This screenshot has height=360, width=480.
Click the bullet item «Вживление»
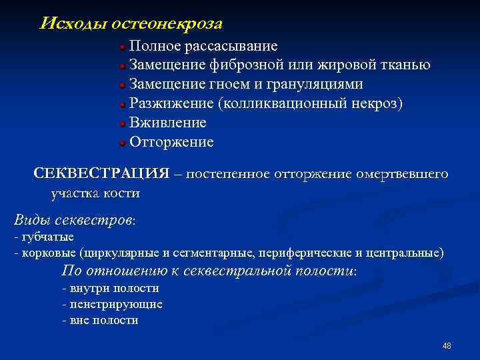click(x=167, y=123)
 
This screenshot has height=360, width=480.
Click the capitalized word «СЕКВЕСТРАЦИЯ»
click(x=101, y=174)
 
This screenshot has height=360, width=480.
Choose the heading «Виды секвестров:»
click(x=74, y=221)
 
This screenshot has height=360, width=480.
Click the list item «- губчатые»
click(x=44, y=237)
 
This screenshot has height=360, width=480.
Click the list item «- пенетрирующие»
click(x=111, y=304)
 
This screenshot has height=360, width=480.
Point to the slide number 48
click(x=447, y=346)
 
